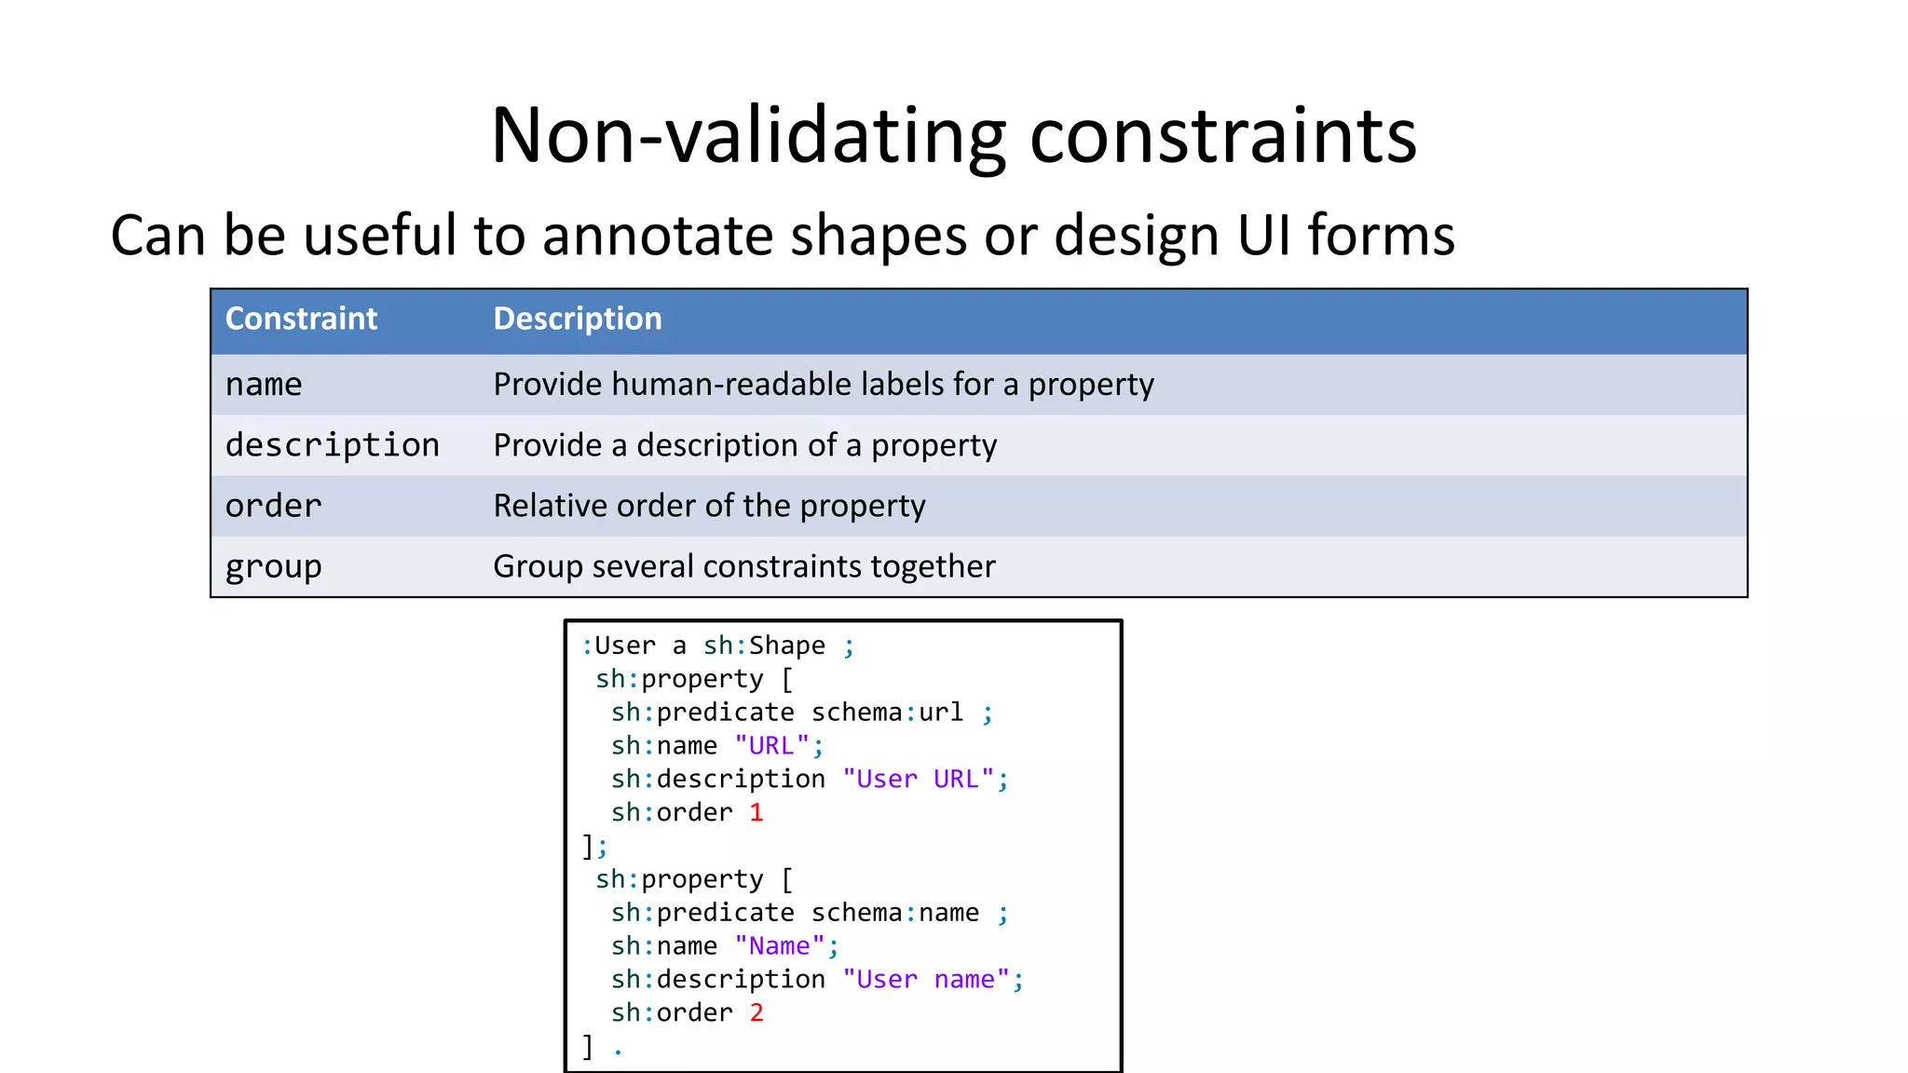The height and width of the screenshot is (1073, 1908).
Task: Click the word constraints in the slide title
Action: (1222, 136)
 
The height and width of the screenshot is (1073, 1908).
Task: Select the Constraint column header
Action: (301, 319)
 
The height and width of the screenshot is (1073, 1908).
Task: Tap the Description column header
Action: (577, 319)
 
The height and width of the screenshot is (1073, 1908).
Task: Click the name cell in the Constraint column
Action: (264, 384)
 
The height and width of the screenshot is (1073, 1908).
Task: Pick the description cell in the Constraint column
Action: (332, 445)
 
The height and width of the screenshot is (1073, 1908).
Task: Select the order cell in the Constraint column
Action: (273, 506)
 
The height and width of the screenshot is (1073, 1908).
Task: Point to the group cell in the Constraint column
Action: (273, 566)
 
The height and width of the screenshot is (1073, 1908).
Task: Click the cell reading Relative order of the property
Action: (709, 506)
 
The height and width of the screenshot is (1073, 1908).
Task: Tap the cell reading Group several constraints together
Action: (743, 566)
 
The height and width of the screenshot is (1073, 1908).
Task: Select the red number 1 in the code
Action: (756, 812)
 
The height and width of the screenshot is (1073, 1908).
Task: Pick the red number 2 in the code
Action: (756, 1012)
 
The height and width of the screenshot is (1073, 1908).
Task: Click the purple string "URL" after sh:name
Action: (771, 746)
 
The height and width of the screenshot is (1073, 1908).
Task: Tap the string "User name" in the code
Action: (926, 980)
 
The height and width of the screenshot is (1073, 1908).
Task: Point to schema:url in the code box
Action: (887, 713)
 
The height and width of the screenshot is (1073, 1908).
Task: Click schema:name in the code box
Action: (894, 913)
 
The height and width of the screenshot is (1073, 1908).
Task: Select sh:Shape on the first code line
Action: (764, 645)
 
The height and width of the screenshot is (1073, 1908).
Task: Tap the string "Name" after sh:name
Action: (779, 946)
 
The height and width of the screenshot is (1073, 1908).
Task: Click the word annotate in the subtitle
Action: (657, 235)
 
